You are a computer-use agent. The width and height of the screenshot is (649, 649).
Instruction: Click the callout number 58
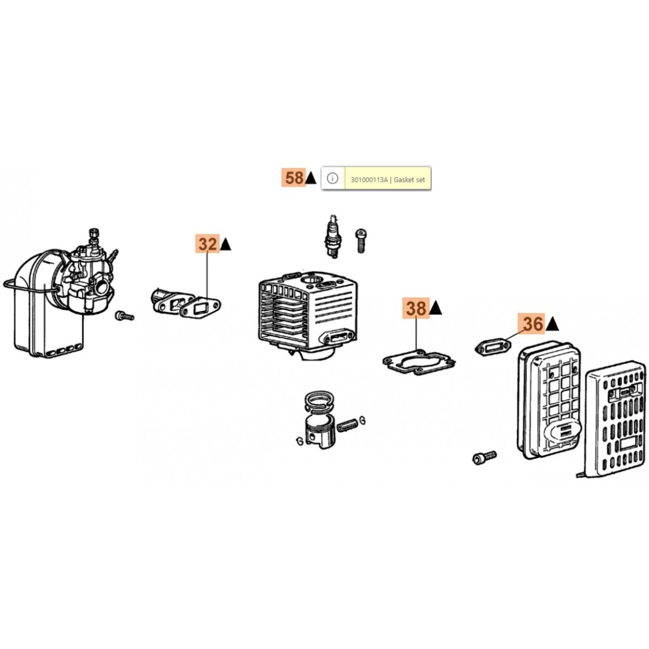coord(294,178)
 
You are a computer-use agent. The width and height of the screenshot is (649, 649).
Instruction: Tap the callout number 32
coord(207,244)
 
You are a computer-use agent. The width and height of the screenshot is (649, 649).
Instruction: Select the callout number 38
coord(416,308)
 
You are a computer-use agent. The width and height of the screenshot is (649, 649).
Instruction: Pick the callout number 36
coord(533,324)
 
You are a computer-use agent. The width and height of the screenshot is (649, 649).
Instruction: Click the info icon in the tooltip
coord(333,178)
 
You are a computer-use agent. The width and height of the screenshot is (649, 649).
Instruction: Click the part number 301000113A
coord(369,180)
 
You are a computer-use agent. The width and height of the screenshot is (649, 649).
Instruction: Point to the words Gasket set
coord(409,180)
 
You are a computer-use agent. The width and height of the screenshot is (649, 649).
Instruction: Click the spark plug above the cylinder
coord(333,236)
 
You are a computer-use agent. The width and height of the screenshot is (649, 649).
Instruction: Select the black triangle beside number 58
coord(311,178)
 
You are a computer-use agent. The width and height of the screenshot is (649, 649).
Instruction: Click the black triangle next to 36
coord(552,324)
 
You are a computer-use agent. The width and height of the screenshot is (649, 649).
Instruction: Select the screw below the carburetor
coord(124,316)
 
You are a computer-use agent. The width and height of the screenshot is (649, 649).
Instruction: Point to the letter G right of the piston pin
coord(362,421)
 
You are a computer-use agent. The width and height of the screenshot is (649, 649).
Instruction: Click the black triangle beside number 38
coord(436,308)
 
